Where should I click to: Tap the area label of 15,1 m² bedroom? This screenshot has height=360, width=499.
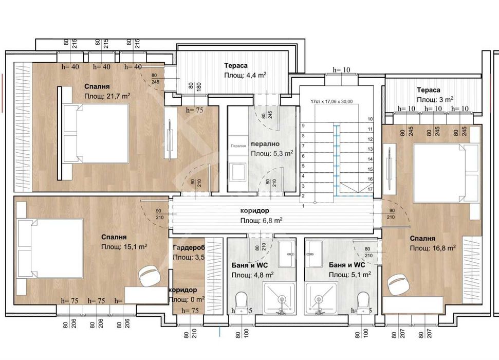[124, 247]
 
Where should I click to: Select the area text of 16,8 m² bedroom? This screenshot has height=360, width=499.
[433, 248]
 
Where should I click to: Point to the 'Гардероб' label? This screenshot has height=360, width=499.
[189, 247]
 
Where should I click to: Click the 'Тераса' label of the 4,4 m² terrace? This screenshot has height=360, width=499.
[236, 66]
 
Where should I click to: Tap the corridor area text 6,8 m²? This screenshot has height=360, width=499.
[261, 221]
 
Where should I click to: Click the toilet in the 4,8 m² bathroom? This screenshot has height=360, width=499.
[241, 301]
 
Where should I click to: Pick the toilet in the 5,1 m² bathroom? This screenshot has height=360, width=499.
[363, 301]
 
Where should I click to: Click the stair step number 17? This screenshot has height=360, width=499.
[369, 189]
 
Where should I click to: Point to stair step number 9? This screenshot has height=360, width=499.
[303, 125]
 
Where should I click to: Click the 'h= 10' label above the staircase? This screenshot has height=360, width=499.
[341, 69]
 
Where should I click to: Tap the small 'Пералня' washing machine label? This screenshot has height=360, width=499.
[237, 146]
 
